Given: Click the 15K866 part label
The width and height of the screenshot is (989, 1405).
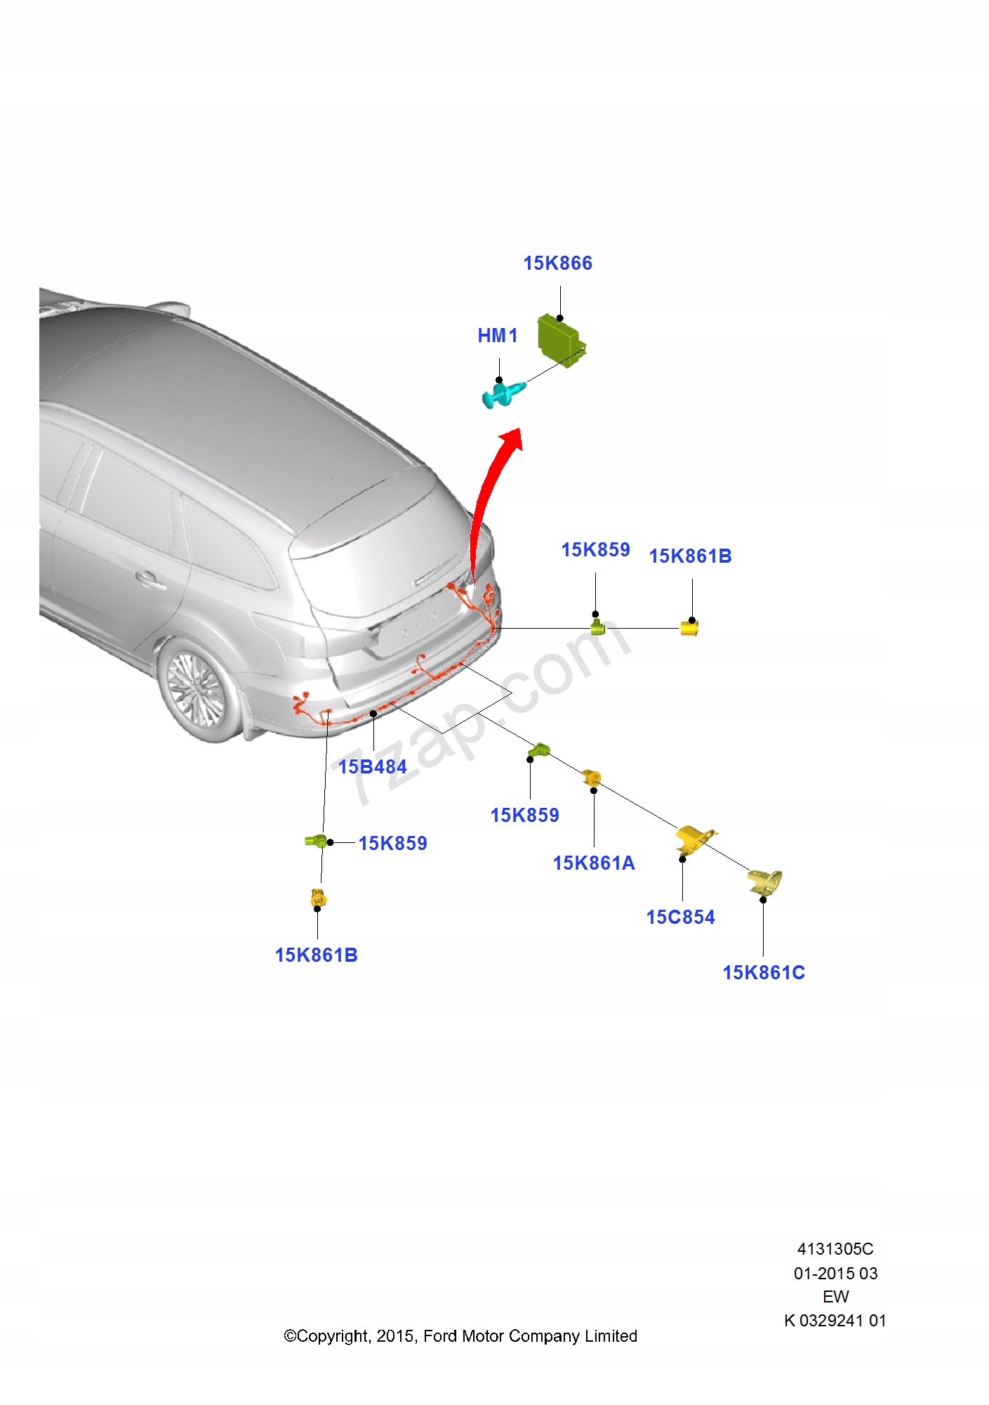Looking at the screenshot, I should pyautogui.click(x=557, y=263).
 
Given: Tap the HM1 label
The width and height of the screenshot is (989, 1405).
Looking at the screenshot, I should pyautogui.click(x=497, y=336).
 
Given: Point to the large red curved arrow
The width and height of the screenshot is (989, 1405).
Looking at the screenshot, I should pyautogui.click(x=491, y=492).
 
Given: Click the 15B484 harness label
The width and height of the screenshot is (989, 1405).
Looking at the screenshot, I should pyautogui.click(x=372, y=766).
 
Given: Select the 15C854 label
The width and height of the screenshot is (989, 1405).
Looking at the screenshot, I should pyautogui.click(x=680, y=917).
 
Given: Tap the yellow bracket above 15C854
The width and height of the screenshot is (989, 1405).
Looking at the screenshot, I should pyautogui.click(x=693, y=839).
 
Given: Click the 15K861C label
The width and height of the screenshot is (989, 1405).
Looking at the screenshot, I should pyautogui.click(x=764, y=972).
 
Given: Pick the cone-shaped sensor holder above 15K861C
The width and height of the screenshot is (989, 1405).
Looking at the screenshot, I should pyautogui.click(x=765, y=882).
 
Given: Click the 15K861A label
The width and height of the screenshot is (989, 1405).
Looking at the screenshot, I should pyautogui.click(x=593, y=863).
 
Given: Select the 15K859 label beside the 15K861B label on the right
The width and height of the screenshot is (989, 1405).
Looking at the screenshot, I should pyautogui.click(x=595, y=549).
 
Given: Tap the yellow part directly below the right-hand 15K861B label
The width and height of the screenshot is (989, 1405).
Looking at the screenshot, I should pyautogui.click(x=689, y=627).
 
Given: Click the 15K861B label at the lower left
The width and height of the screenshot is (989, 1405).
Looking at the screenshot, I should pyautogui.click(x=316, y=955).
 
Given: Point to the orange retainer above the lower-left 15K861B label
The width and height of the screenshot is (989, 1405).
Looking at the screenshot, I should pyautogui.click(x=318, y=898).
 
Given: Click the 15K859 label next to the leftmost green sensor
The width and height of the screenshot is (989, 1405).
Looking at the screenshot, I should pyautogui.click(x=392, y=843).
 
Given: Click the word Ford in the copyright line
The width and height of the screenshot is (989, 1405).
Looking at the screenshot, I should pyautogui.click(x=441, y=1335).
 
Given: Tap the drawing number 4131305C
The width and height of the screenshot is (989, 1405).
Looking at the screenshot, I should pyautogui.click(x=835, y=1248).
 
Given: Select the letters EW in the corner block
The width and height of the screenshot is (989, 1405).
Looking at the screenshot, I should pyautogui.click(x=835, y=1296).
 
